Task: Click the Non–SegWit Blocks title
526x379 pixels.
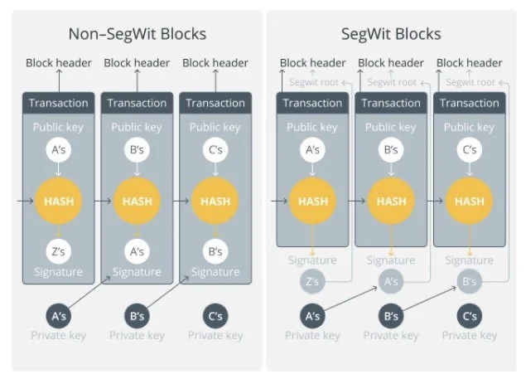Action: (x=138, y=34)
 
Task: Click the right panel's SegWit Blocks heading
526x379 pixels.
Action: (x=391, y=34)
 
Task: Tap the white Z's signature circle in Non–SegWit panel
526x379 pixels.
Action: (x=58, y=251)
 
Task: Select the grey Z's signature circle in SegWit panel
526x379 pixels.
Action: (x=312, y=281)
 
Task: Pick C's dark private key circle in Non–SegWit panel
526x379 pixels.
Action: (x=215, y=316)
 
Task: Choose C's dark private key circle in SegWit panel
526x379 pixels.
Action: (x=470, y=316)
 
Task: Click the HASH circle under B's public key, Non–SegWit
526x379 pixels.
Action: (x=137, y=201)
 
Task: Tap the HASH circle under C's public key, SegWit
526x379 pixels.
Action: (x=470, y=201)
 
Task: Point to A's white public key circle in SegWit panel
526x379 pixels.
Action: (x=312, y=149)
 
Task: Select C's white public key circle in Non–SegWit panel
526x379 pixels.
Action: (x=215, y=149)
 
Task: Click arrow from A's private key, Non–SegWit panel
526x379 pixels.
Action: (x=89, y=292)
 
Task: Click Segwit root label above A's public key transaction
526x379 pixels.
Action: (x=314, y=82)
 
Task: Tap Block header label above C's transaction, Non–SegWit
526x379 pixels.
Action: (x=215, y=63)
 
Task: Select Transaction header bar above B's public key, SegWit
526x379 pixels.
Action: (x=391, y=103)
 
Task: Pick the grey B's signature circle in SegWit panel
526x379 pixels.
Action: (x=470, y=281)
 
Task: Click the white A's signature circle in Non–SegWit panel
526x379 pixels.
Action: (x=137, y=251)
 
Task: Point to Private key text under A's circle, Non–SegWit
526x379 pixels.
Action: (x=58, y=335)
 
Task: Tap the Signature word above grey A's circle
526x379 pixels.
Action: (x=391, y=260)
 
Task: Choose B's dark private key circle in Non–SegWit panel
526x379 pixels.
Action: (x=137, y=316)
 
